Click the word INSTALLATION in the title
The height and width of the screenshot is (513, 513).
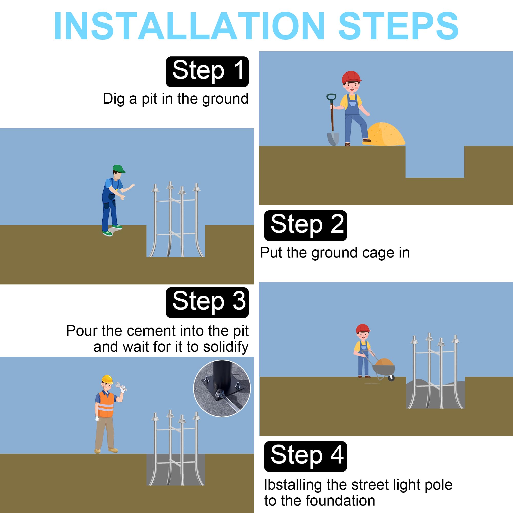189,26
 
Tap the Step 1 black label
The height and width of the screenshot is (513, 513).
207,72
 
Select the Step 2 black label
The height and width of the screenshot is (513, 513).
305,226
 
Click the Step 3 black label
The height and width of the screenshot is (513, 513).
207,302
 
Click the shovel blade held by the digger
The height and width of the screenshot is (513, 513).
333,139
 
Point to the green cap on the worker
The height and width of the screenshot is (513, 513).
119,169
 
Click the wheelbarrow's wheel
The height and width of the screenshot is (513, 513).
391,378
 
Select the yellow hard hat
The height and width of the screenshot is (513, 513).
107,379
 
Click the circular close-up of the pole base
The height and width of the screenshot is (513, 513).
222,388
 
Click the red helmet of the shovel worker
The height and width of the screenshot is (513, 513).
351,77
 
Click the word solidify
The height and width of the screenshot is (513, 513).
226,347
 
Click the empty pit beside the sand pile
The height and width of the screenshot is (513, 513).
435,162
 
